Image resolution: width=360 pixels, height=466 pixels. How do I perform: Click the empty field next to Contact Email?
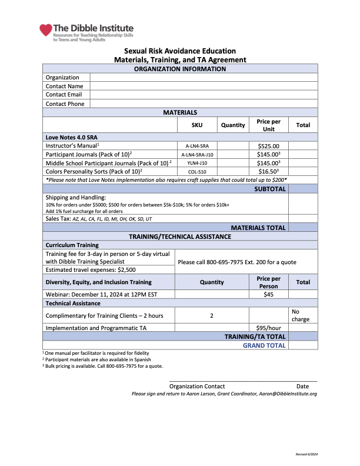click(204, 95)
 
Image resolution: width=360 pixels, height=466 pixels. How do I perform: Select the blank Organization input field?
click(204, 77)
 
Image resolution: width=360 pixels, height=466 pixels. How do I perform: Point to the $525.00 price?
click(269, 145)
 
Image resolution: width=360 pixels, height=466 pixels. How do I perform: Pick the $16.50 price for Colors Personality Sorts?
click(269, 172)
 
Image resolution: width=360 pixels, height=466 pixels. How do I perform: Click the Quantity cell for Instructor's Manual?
click(233, 145)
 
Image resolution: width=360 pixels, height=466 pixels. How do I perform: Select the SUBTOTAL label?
click(270, 189)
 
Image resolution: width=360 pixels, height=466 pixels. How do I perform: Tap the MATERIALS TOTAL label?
click(258, 228)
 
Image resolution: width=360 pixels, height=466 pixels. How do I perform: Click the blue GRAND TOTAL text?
click(264, 345)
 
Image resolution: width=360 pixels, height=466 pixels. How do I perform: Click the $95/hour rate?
click(269, 328)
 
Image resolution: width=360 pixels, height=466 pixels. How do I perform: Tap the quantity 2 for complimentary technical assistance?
click(212, 315)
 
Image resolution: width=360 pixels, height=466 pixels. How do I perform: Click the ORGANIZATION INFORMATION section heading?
click(180, 69)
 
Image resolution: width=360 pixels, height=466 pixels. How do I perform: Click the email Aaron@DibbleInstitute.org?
click(288, 394)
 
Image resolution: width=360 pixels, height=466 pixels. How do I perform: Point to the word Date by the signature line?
click(302, 386)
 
